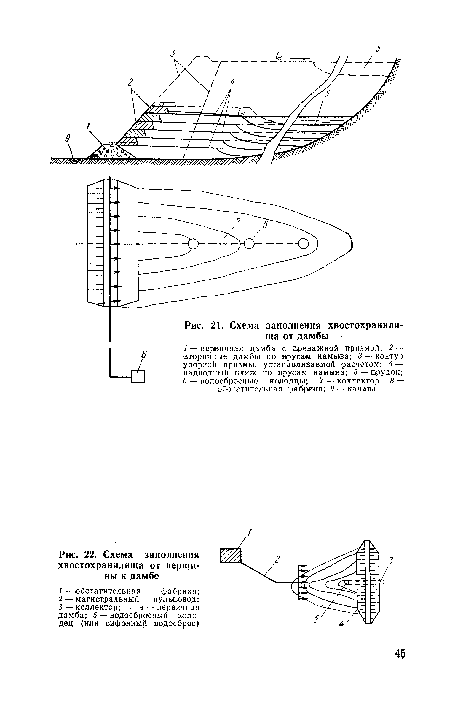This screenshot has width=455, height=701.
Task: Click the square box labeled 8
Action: coord(138,377)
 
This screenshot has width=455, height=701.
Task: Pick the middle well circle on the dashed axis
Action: coord(249,244)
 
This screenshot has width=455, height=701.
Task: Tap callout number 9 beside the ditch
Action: coord(68,138)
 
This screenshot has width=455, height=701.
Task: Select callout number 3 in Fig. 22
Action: coord(391,560)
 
